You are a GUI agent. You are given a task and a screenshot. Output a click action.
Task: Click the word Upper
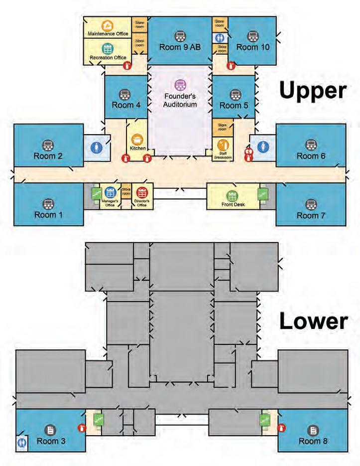pos(312,91)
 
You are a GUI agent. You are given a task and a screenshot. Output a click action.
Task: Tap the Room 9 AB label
pos(180,47)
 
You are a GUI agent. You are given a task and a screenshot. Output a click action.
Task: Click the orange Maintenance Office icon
pos(107,25)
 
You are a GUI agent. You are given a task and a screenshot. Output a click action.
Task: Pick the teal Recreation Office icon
pos(108,49)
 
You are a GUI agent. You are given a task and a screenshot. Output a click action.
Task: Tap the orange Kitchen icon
pos(136,140)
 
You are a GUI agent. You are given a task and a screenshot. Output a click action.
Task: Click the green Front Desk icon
pos(231,195)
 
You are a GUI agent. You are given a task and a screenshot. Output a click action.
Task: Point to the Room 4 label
pos(123,105)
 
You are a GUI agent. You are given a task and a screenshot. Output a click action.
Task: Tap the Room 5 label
pos(234,105)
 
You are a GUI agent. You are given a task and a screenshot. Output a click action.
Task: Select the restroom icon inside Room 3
pos(22,442)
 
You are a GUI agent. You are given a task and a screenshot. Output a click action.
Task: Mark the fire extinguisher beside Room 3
pos(81,427)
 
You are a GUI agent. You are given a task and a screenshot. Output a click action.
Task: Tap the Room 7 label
pos(311,215)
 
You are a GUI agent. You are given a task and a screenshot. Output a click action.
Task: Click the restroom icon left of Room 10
pos(220,37)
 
